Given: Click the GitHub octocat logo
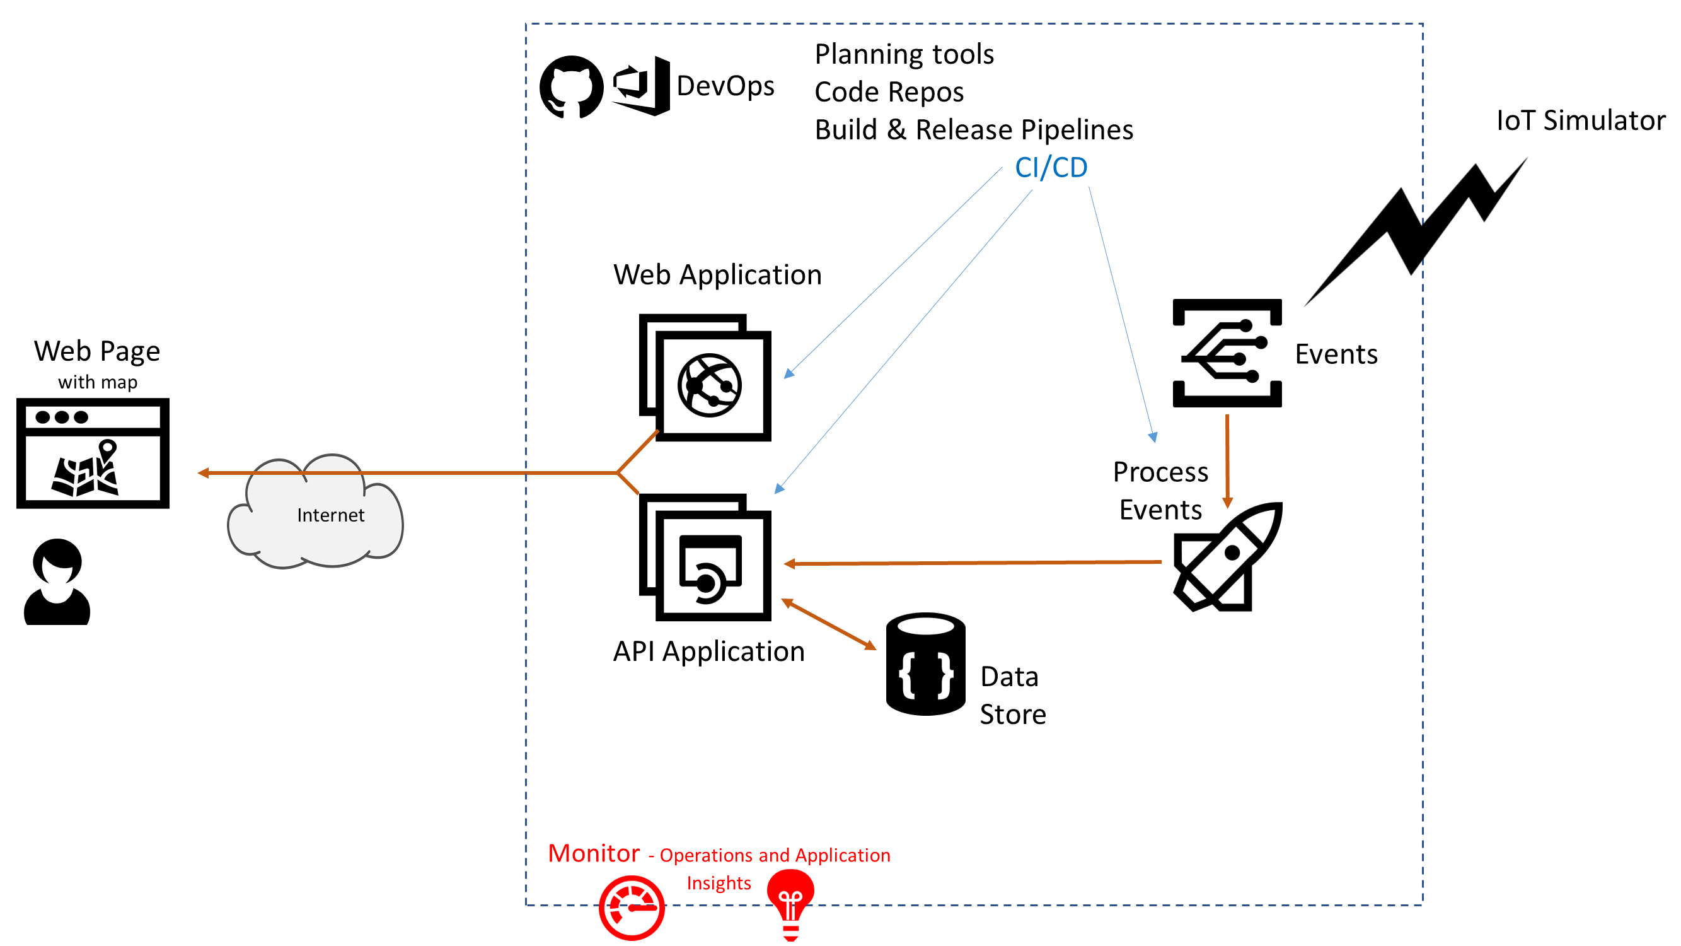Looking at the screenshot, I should click(x=571, y=87).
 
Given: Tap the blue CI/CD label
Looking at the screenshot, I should click(x=1051, y=168).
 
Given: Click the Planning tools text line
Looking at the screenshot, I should click(x=904, y=54).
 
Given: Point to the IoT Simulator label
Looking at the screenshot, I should click(x=1580, y=121).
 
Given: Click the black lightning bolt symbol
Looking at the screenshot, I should click(x=1416, y=228).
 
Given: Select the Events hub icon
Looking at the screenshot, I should click(x=1227, y=353).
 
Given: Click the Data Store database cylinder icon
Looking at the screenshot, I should click(x=925, y=664).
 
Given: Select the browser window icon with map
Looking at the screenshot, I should click(x=93, y=453).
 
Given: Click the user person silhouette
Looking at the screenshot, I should click(x=57, y=581).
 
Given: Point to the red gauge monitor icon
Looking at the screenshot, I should click(x=632, y=908).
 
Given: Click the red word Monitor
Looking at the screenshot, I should click(x=593, y=853).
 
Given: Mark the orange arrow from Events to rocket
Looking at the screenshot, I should click(x=1227, y=460).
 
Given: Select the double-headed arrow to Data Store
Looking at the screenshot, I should click(x=829, y=624).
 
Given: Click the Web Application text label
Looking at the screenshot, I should click(x=717, y=275).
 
